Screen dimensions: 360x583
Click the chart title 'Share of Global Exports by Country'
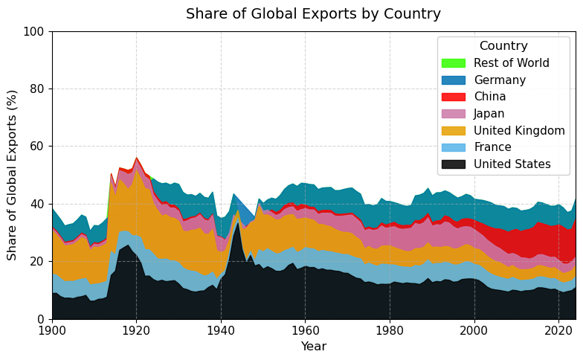click(x=313, y=14)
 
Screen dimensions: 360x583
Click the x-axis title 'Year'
click(x=313, y=347)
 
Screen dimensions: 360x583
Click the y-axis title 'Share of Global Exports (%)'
click(x=12, y=175)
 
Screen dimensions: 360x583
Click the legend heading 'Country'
click(x=503, y=46)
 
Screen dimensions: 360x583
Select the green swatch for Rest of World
click(x=453, y=63)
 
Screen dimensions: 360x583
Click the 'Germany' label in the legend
click(x=500, y=80)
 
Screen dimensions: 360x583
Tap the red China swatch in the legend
click(x=453, y=97)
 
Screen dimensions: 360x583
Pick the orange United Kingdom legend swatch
click(x=453, y=131)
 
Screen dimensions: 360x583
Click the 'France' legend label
click(x=491, y=147)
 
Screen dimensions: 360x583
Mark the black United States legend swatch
click(x=453, y=164)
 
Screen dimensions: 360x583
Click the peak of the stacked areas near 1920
click(x=136, y=157)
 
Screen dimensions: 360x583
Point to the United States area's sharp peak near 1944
click(x=238, y=223)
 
